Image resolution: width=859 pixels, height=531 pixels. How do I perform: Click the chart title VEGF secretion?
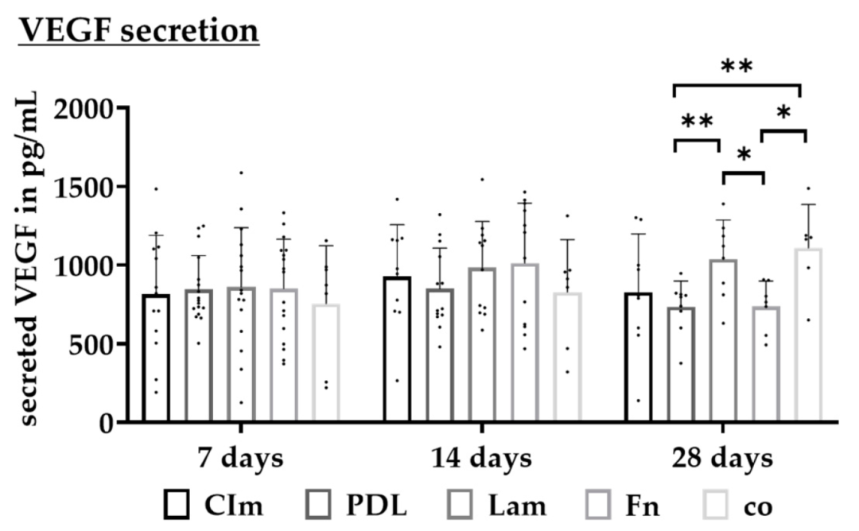point(139,31)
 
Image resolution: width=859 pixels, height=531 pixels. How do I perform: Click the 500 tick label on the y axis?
point(95,344)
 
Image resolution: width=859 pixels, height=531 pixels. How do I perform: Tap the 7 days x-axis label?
point(239,459)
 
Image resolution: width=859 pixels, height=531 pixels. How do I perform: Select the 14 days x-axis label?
point(481,459)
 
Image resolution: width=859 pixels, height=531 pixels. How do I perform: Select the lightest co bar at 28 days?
point(808,335)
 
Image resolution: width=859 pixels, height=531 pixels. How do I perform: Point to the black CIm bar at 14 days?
point(397,349)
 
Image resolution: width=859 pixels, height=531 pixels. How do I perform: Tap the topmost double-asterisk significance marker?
point(737,67)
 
